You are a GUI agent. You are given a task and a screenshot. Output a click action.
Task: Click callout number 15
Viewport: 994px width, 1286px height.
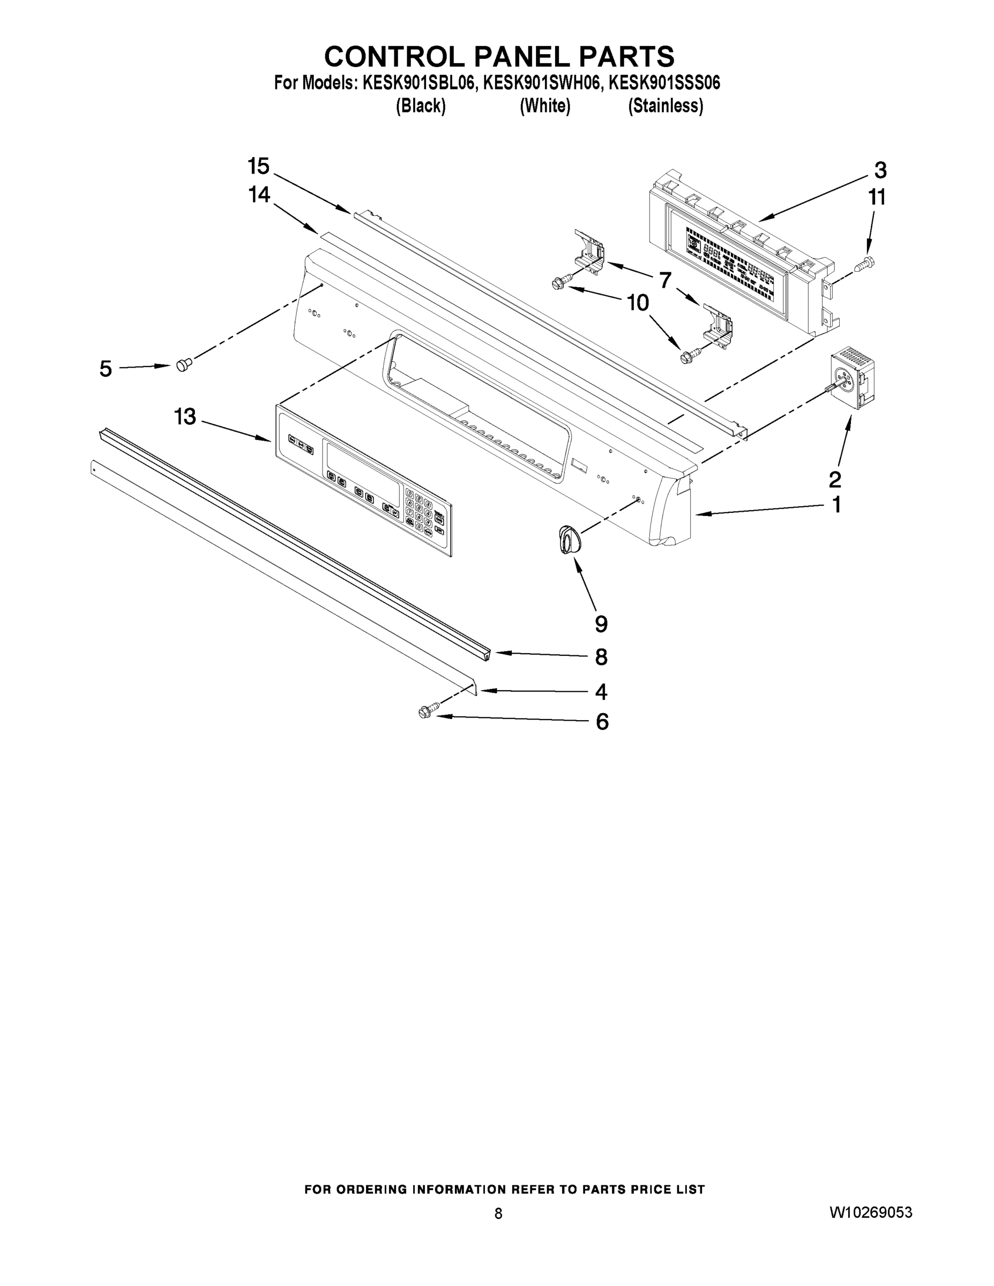[x=258, y=167]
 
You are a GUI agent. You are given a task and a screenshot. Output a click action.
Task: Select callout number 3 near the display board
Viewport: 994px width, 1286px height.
[x=880, y=171]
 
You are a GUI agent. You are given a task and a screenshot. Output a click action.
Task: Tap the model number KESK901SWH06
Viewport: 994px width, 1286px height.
[x=542, y=83]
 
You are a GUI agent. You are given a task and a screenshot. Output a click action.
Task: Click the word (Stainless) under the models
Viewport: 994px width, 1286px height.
[x=666, y=106]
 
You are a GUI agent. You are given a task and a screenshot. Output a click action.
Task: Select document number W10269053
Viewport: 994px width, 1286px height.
[x=870, y=1213]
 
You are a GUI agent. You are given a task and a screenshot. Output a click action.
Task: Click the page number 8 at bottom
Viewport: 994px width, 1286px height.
[x=498, y=1214]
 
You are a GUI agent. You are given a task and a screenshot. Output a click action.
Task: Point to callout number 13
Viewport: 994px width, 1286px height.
[x=185, y=417]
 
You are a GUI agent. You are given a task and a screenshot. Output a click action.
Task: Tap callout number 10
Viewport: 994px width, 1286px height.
[x=637, y=303]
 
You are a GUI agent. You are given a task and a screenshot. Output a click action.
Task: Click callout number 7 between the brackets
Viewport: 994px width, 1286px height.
[x=665, y=281]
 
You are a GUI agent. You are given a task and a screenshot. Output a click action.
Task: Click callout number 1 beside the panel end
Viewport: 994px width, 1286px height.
[x=836, y=505]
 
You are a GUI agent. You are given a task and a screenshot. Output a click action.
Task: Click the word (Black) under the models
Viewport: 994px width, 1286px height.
[x=421, y=106]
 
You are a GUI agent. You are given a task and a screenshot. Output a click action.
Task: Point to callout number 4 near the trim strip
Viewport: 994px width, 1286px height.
[x=601, y=692]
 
